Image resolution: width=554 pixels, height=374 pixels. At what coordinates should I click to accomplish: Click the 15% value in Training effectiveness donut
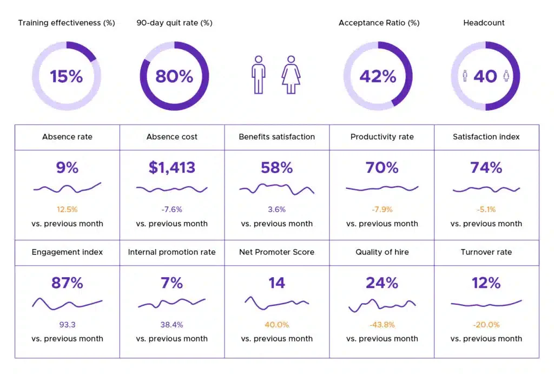coord(67,76)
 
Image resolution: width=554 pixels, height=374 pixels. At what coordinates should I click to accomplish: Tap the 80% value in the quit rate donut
coord(174,76)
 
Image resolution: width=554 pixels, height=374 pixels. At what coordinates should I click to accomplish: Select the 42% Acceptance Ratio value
coord(378,76)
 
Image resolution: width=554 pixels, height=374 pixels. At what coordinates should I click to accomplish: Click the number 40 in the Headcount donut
coord(485,76)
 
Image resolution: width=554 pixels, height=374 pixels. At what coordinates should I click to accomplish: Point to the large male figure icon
coord(259,75)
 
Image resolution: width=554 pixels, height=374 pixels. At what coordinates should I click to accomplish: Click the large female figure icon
coord(291,75)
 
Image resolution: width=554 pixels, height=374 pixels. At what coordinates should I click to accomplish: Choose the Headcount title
coord(484,23)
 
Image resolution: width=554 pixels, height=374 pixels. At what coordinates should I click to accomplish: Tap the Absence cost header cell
coord(172,137)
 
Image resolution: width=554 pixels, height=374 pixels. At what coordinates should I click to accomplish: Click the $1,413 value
coord(172,168)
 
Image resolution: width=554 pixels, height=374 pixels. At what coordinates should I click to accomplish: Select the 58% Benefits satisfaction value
coord(276,168)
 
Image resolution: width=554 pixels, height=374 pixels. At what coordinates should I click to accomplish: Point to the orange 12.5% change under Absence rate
coord(67,209)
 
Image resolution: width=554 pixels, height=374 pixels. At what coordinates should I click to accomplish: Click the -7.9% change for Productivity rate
coord(382,209)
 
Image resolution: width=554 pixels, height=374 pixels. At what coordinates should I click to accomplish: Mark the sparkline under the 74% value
coord(486,189)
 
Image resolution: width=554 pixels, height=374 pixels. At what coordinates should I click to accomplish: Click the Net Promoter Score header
coord(276,252)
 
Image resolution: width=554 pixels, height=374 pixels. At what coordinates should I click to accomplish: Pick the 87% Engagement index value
coord(67,283)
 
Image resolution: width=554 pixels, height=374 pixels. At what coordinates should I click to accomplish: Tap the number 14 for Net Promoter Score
coord(276,283)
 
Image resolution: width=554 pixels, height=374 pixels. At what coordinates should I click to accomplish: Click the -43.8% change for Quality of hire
coord(382,325)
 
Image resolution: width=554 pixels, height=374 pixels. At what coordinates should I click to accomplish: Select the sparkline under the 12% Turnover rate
coord(486,304)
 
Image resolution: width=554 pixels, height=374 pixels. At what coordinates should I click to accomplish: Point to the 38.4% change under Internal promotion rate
coord(172,325)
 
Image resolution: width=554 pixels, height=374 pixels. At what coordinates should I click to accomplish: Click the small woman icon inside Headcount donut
coord(506,76)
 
